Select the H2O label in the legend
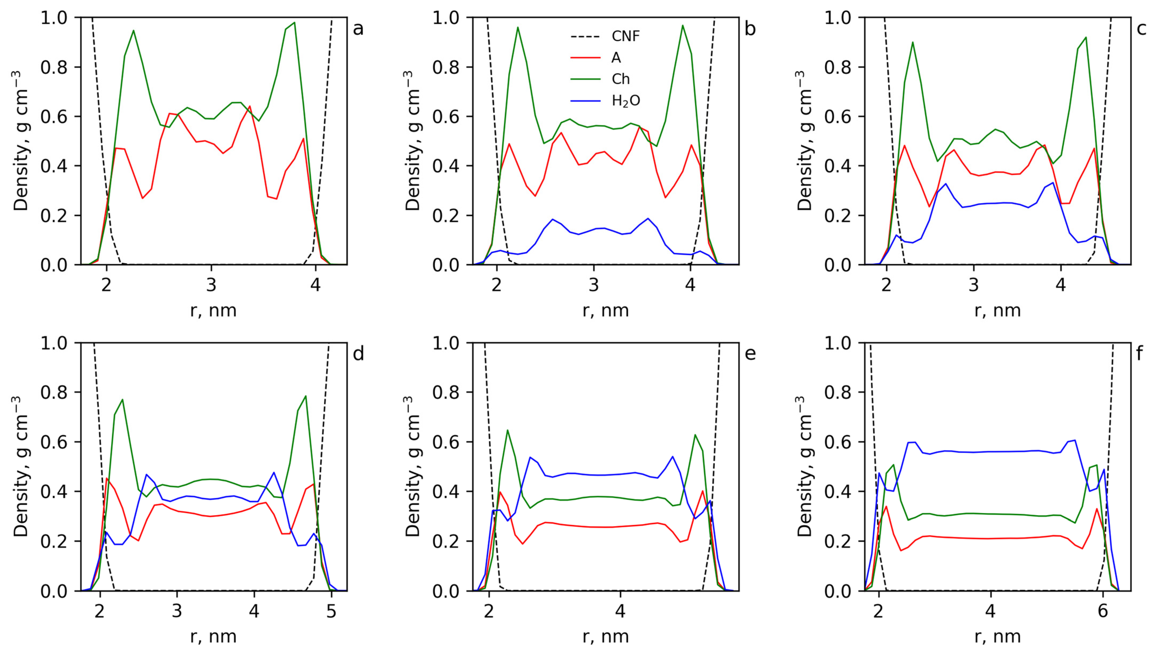(626, 101)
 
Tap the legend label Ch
(621, 79)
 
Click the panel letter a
(358, 29)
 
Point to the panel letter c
(1141, 29)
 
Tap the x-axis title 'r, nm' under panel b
(605, 310)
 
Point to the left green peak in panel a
(133, 31)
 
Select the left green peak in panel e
(508, 430)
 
